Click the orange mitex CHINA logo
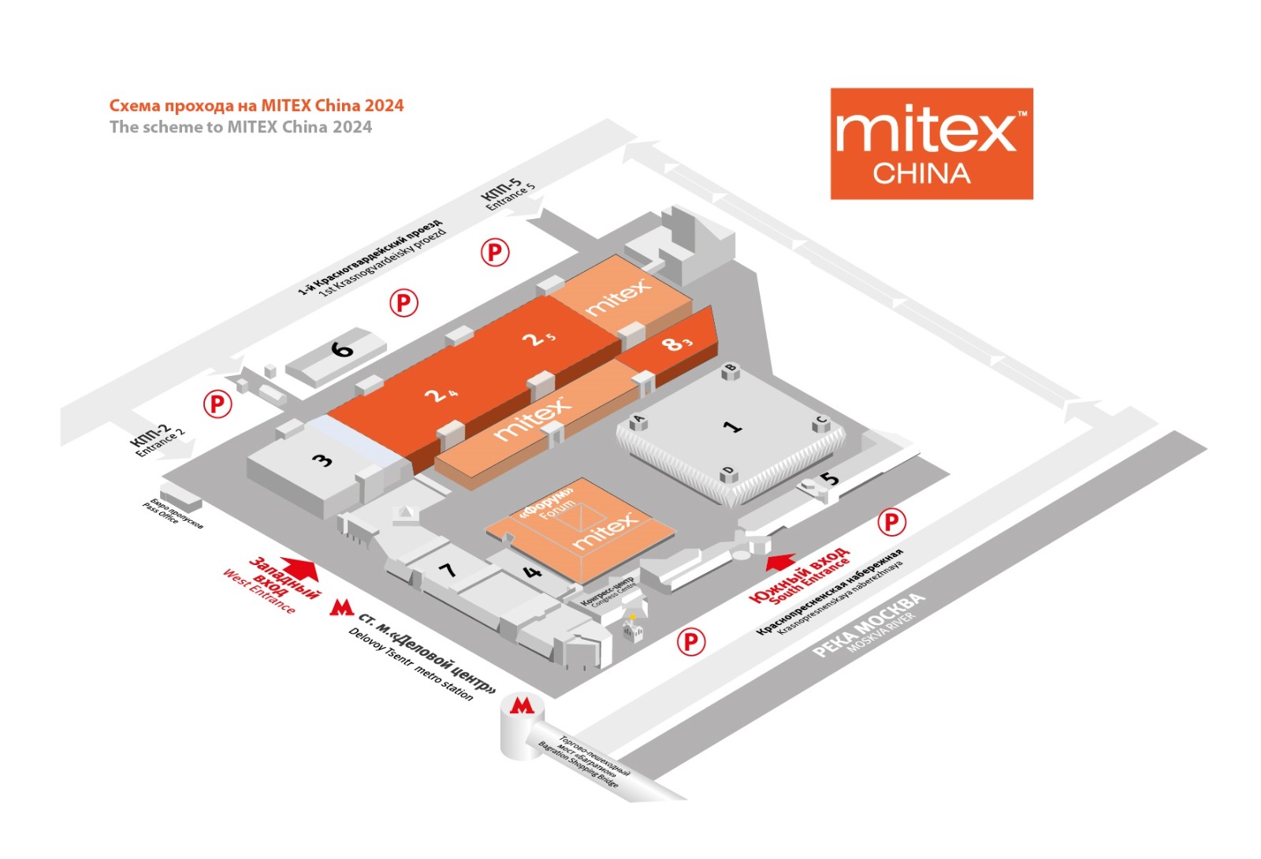pos(931,143)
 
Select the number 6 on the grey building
pos(342,348)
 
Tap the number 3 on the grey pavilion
pos(322,459)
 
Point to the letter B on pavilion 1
pos(731,368)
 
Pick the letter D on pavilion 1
pos(727,472)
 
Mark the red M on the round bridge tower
pos(521,705)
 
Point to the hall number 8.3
pos(676,344)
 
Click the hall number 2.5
pos(539,339)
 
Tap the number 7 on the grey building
pos(448,569)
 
